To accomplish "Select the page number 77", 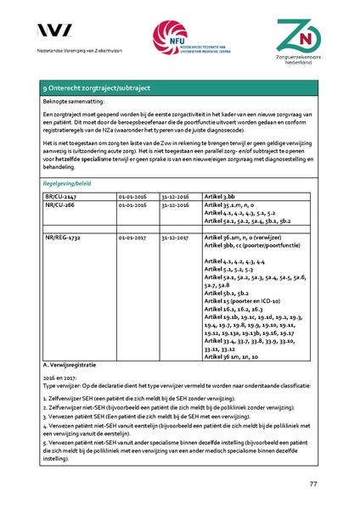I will click(312, 484).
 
